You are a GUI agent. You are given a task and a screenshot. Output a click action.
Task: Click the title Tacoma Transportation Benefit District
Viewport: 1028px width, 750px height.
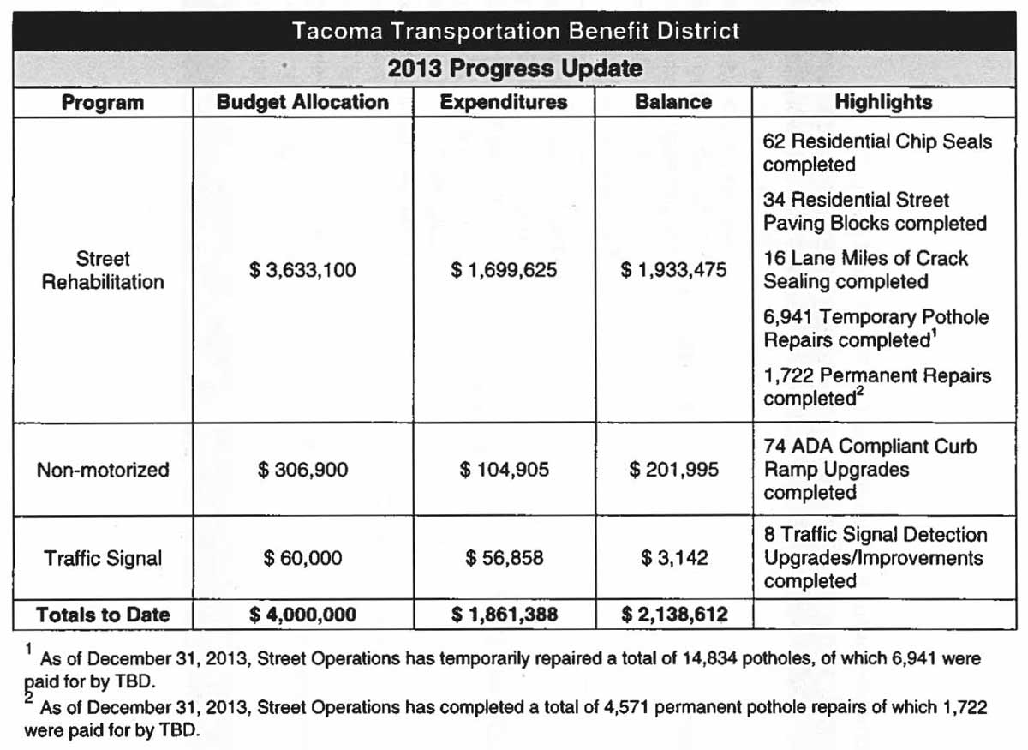click(515, 32)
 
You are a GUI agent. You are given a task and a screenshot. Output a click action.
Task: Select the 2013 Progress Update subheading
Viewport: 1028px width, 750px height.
click(515, 68)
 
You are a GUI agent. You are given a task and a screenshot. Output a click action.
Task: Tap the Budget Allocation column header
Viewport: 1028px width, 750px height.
click(302, 102)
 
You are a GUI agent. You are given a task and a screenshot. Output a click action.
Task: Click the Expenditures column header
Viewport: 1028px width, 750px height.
click(504, 102)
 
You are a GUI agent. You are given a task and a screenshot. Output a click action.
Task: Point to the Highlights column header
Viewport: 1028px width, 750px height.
click(883, 102)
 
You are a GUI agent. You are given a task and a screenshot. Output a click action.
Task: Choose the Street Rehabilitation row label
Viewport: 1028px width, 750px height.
click(103, 270)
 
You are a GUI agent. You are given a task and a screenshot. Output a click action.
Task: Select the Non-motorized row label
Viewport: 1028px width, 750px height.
click(103, 470)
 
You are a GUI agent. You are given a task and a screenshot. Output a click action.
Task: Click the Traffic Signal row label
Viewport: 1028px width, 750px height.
click(103, 559)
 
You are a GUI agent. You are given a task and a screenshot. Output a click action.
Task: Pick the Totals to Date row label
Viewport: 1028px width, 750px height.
click(103, 615)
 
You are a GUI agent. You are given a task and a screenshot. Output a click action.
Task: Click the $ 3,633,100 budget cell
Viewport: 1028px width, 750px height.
click(302, 271)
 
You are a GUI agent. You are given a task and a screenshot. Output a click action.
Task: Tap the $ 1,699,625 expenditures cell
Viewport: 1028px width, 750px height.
click(504, 271)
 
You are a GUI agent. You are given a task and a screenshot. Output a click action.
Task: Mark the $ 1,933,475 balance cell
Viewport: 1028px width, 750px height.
click(673, 271)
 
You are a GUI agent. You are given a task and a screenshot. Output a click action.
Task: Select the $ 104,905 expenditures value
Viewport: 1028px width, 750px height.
click(504, 470)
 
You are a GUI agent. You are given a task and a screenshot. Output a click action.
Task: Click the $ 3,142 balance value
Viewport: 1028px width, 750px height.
click(674, 559)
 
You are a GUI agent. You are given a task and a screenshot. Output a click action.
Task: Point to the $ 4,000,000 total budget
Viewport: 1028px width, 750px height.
click(302, 615)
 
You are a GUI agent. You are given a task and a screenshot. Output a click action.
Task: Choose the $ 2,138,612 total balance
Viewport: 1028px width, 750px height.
click(673, 615)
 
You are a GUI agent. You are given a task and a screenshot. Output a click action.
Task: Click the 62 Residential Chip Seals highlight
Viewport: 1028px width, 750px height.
click(877, 153)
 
